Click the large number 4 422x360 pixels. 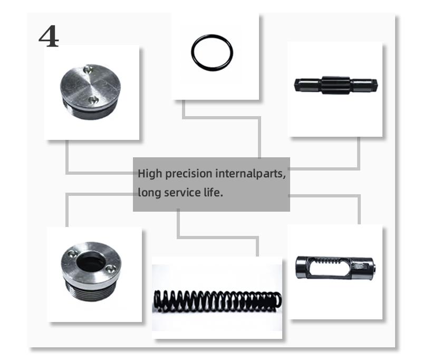click(49, 36)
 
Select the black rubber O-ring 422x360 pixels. click(192, 52)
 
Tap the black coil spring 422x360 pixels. click(217, 300)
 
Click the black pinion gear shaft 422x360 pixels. click(336, 85)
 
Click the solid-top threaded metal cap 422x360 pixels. click(90, 91)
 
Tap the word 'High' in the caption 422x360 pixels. click(150, 174)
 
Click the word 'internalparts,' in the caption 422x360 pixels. click(251, 174)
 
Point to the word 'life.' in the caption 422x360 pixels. click(213, 192)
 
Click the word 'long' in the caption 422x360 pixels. click(149, 193)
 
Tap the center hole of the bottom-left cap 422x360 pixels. click(90, 262)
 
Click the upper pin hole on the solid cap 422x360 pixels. click(88, 69)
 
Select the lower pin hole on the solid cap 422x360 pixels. click(93, 100)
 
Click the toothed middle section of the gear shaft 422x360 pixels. click(336, 85)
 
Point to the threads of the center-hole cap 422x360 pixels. click(91, 292)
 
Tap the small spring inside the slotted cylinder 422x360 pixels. click(328, 261)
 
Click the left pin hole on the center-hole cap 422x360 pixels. click(72, 253)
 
